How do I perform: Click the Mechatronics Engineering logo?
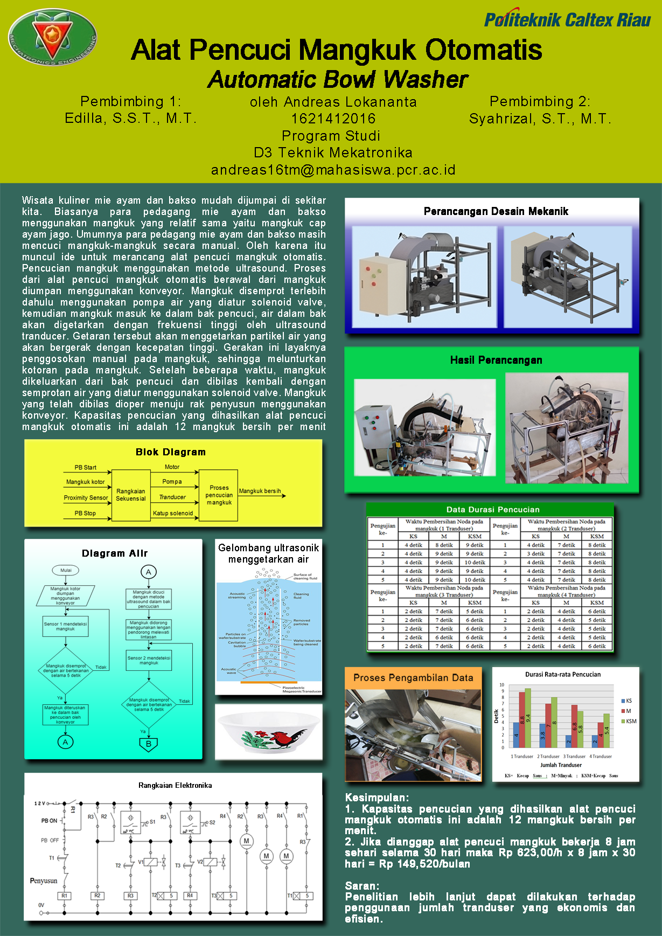[53, 37]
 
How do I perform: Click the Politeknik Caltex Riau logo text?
[567, 20]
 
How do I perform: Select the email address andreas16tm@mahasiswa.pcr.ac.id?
[333, 170]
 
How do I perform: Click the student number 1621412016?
[333, 119]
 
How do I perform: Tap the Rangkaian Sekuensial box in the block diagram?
[131, 495]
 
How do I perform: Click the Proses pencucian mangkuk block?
[219, 495]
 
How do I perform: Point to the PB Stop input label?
[85, 513]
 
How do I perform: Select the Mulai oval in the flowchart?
[66, 570]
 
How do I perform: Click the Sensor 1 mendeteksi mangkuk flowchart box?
[66, 626]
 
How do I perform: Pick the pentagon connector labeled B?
[149, 744]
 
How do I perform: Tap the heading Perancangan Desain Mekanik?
[496, 211]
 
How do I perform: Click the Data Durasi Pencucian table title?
[492, 509]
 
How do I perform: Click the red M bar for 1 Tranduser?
[522, 719]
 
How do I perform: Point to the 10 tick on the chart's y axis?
[502, 685]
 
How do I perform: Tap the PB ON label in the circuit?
[49, 821]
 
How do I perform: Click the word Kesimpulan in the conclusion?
[376, 798]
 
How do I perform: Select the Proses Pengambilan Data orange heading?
[413, 678]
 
